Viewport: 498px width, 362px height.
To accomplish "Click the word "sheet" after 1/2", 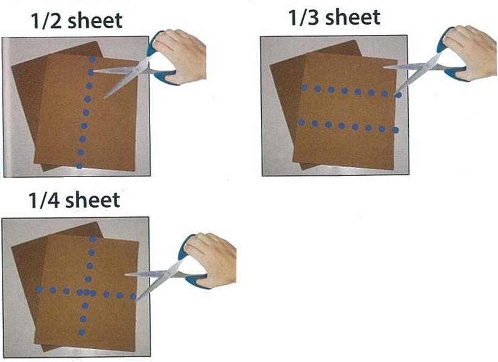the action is click(x=95, y=20).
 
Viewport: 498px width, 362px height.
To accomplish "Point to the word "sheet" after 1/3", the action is click(x=353, y=17).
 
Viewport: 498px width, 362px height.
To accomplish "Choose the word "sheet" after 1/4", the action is click(x=92, y=200).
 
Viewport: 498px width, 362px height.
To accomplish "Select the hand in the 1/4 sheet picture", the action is click(x=210, y=258).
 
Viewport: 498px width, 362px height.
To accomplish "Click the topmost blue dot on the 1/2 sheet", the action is click(x=92, y=59).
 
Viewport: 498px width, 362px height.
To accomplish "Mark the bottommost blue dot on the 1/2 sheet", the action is click(x=79, y=165).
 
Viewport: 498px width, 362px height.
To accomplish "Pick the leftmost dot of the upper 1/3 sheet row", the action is click(x=304, y=87).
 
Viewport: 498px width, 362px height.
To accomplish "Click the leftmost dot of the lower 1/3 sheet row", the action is click(x=301, y=122).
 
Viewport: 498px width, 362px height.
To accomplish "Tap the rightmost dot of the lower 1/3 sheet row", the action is click(x=396, y=130).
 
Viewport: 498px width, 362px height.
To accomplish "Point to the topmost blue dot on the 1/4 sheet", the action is click(x=93, y=239).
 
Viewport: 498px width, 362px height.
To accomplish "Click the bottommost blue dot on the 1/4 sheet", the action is click(x=81, y=332).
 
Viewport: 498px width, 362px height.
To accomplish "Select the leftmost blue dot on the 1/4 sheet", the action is click(x=40, y=289).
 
